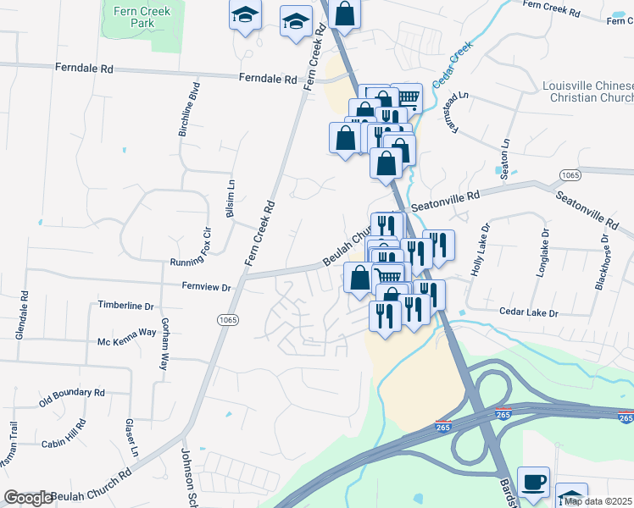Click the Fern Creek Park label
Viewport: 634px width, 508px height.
click(x=141, y=17)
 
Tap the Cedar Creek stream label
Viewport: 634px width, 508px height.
click(x=452, y=66)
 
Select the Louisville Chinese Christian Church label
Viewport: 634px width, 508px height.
click(x=587, y=94)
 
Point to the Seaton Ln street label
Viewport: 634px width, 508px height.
click(x=505, y=155)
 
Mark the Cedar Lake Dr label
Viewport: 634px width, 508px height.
click(x=529, y=313)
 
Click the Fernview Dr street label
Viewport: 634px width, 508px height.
click(x=207, y=287)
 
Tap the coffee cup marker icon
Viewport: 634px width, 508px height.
click(x=533, y=481)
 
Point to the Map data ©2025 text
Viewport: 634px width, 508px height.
click(x=598, y=501)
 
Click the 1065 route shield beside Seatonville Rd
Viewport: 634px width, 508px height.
click(x=570, y=174)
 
